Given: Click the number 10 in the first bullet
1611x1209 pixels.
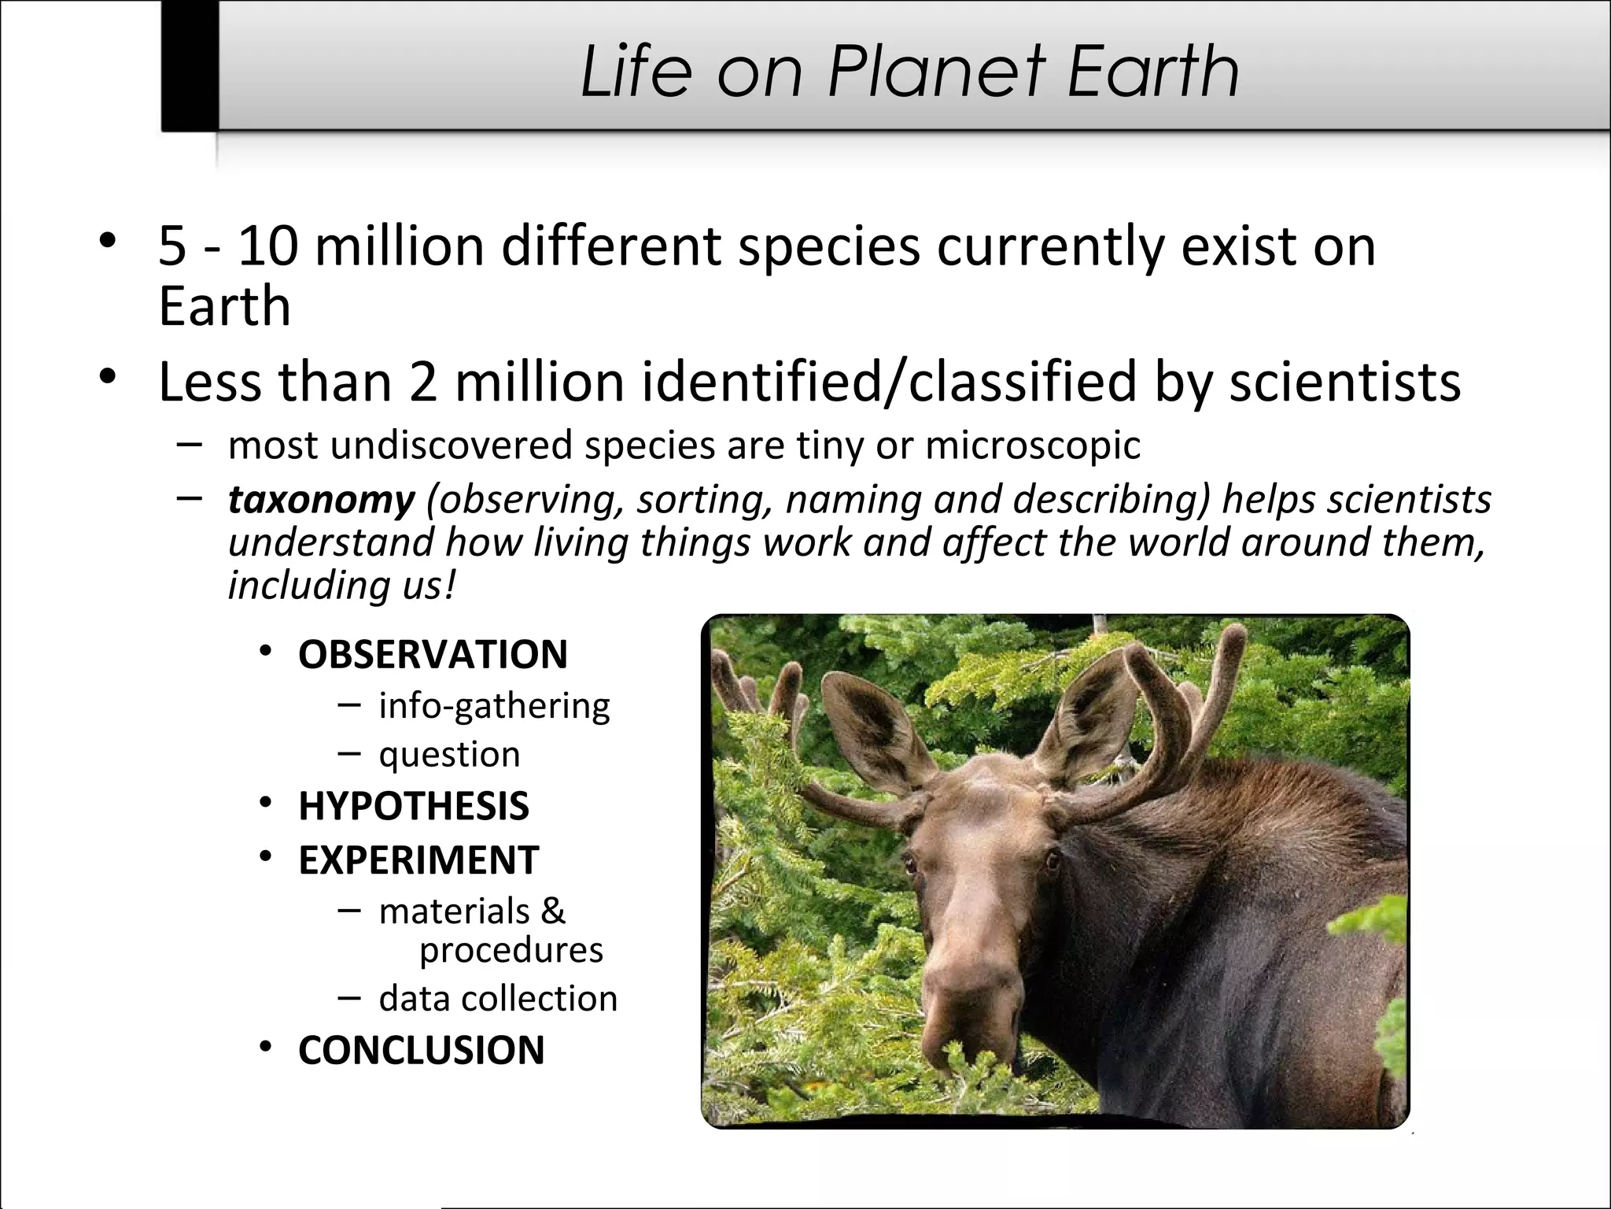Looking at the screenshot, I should pyautogui.click(x=267, y=246).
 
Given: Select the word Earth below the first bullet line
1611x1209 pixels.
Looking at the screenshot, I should pyautogui.click(x=224, y=306).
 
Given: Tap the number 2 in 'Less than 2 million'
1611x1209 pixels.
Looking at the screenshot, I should pyautogui.click(x=422, y=383).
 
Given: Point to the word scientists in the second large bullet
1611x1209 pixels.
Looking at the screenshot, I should pyautogui.click(x=1344, y=383).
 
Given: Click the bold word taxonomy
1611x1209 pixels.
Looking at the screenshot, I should pyautogui.click(x=321, y=500).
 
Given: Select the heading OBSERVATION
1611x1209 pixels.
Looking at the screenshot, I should pyautogui.click(x=433, y=655).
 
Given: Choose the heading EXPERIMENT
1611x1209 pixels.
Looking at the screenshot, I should pyautogui.click(x=418, y=860).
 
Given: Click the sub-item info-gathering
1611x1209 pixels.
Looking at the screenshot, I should pyautogui.click(x=494, y=706).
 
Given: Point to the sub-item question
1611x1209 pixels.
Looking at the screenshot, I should pyautogui.click(x=449, y=755).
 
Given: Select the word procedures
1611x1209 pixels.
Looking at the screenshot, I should pyautogui.click(x=511, y=950).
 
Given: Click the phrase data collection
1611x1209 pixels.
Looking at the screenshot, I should pyautogui.click(x=498, y=999).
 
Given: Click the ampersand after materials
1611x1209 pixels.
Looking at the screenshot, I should pyautogui.click(x=553, y=911).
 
